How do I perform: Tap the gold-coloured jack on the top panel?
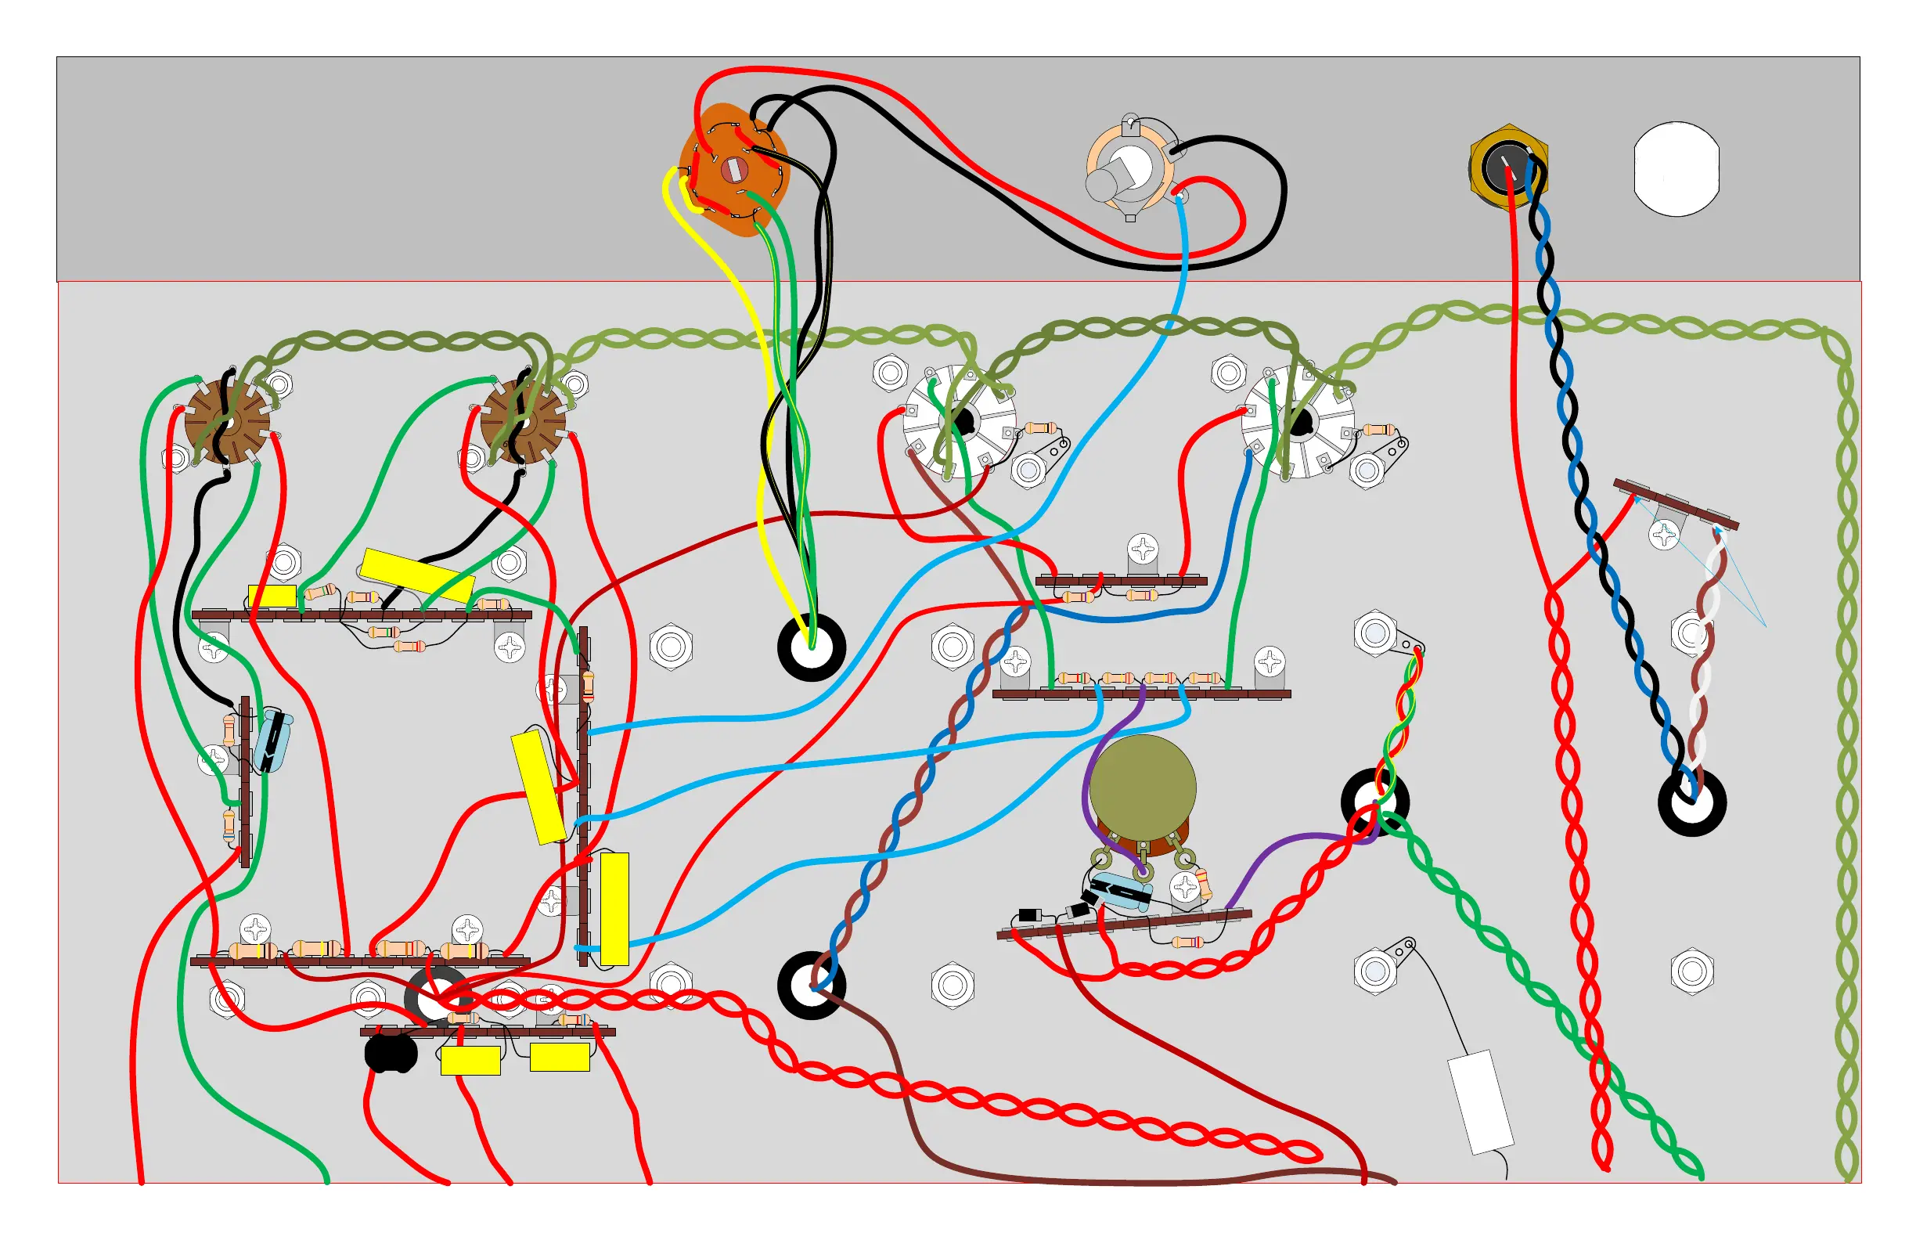(x=1507, y=168)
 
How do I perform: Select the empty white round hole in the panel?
(x=1676, y=169)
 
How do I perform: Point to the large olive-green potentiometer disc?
(x=1143, y=788)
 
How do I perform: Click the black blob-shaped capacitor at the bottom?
(x=391, y=1053)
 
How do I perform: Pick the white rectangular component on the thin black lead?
(x=1480, y=1101)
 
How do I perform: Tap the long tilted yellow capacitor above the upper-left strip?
(x=416, y=575)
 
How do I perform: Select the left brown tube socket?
(x=227, y=422)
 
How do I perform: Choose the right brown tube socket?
(x=523, y=422)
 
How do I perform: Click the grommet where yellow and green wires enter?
(x=811, y=648)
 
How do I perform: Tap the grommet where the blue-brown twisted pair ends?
(x=811, y=986)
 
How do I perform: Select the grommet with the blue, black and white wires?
(x=1691, y=802)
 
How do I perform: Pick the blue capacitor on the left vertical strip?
(x=273, y=741)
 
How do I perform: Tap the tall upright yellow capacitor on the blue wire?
(x=614, y=909)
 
